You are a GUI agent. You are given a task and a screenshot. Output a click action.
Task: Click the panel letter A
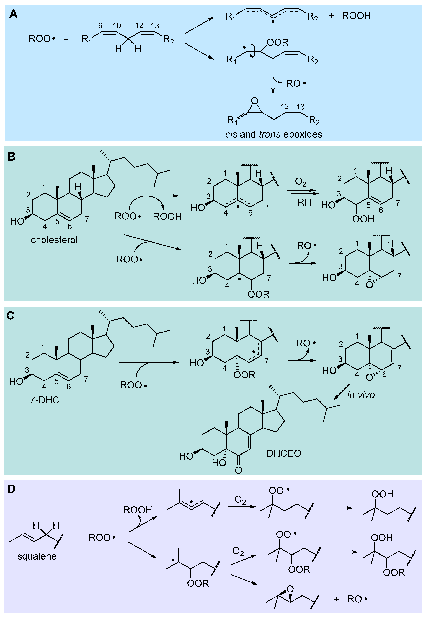(13, 14)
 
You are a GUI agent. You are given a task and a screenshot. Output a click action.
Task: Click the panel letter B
(11, 156)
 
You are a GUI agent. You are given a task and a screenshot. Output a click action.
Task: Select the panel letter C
(10, 315)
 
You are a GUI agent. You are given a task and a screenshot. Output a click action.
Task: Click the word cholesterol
(54, 240)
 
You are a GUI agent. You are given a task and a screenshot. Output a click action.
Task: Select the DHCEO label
(283, 453)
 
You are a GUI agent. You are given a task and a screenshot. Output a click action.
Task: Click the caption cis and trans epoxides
(274, 134)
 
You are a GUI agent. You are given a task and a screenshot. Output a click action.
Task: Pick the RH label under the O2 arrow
(304, 203)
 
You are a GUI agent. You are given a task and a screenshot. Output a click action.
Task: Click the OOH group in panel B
(363, 219)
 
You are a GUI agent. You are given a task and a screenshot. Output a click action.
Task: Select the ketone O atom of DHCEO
(238, 470)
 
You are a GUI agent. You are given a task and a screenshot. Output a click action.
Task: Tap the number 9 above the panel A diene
(100, 26)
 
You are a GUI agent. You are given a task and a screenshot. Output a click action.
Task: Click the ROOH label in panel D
(138, 510)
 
